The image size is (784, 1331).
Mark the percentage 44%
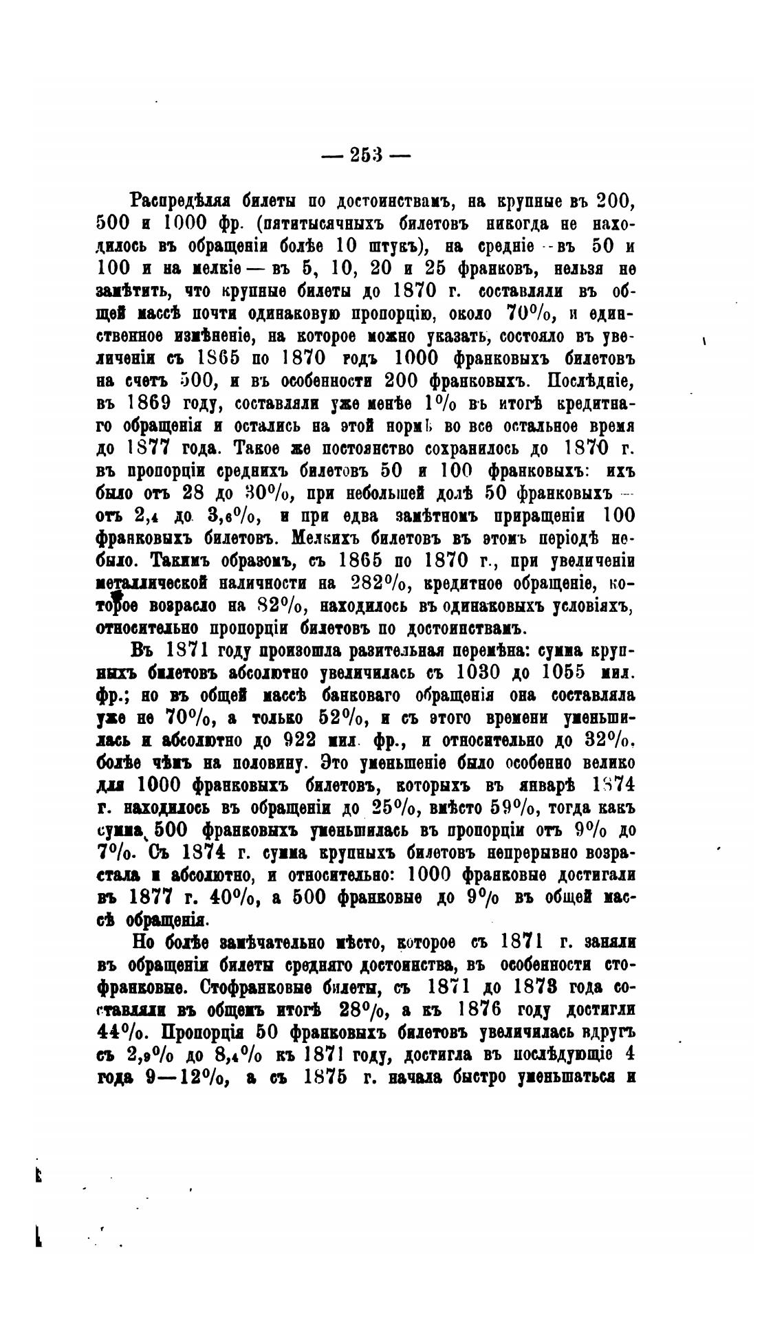point(120,1033)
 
